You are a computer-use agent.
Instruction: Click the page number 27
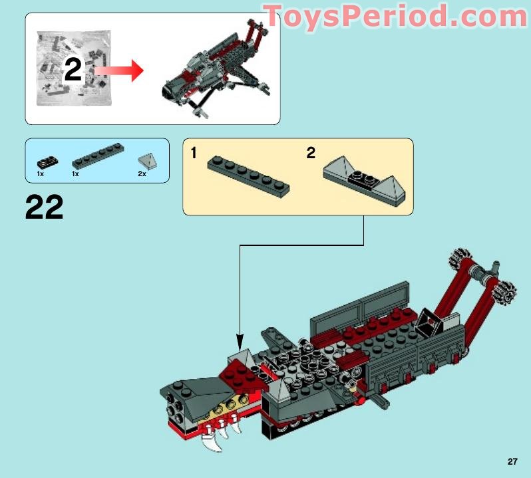tap(512, 461)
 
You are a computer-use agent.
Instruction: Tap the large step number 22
tap(44, 207)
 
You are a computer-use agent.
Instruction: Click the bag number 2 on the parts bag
tap(73, 70)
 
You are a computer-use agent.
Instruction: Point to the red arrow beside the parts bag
tap(120, 70)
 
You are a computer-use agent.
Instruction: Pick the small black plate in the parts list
tap(46, 161)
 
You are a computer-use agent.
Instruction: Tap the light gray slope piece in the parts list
tap(146, 160)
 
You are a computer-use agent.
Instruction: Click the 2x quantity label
tap(142, 174)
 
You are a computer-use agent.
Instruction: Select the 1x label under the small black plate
tap(41, 174)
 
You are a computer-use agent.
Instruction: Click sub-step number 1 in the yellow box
tap(194, 154)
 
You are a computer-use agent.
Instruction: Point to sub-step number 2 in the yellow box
tap(311, 154)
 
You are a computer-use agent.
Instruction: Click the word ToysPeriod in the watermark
tap(353, 17)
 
